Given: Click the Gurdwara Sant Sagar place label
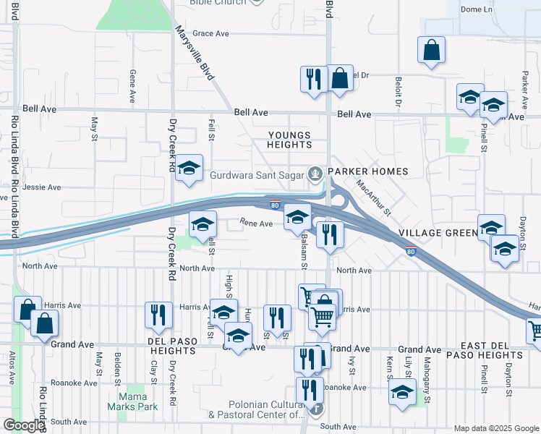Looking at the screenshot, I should click(x=257, y=174).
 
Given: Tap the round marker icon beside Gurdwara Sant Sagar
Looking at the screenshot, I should click(x=315, y=174).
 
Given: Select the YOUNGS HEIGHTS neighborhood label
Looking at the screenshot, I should click(x=289, y=140).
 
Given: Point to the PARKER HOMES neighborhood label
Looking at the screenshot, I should click(x=367, y=171).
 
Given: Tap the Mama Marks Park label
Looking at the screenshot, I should click(x=132, y=401).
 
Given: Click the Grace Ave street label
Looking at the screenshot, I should click(x=210, y=33).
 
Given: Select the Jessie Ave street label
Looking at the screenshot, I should click(x=42, y=187).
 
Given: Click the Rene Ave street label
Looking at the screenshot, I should click(x=256, y=224).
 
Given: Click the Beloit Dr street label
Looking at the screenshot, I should click(x=398, y=91).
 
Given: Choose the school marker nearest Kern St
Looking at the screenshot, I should click(x=402, y=393).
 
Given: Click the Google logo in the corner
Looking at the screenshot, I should click(x=23, y=426).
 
